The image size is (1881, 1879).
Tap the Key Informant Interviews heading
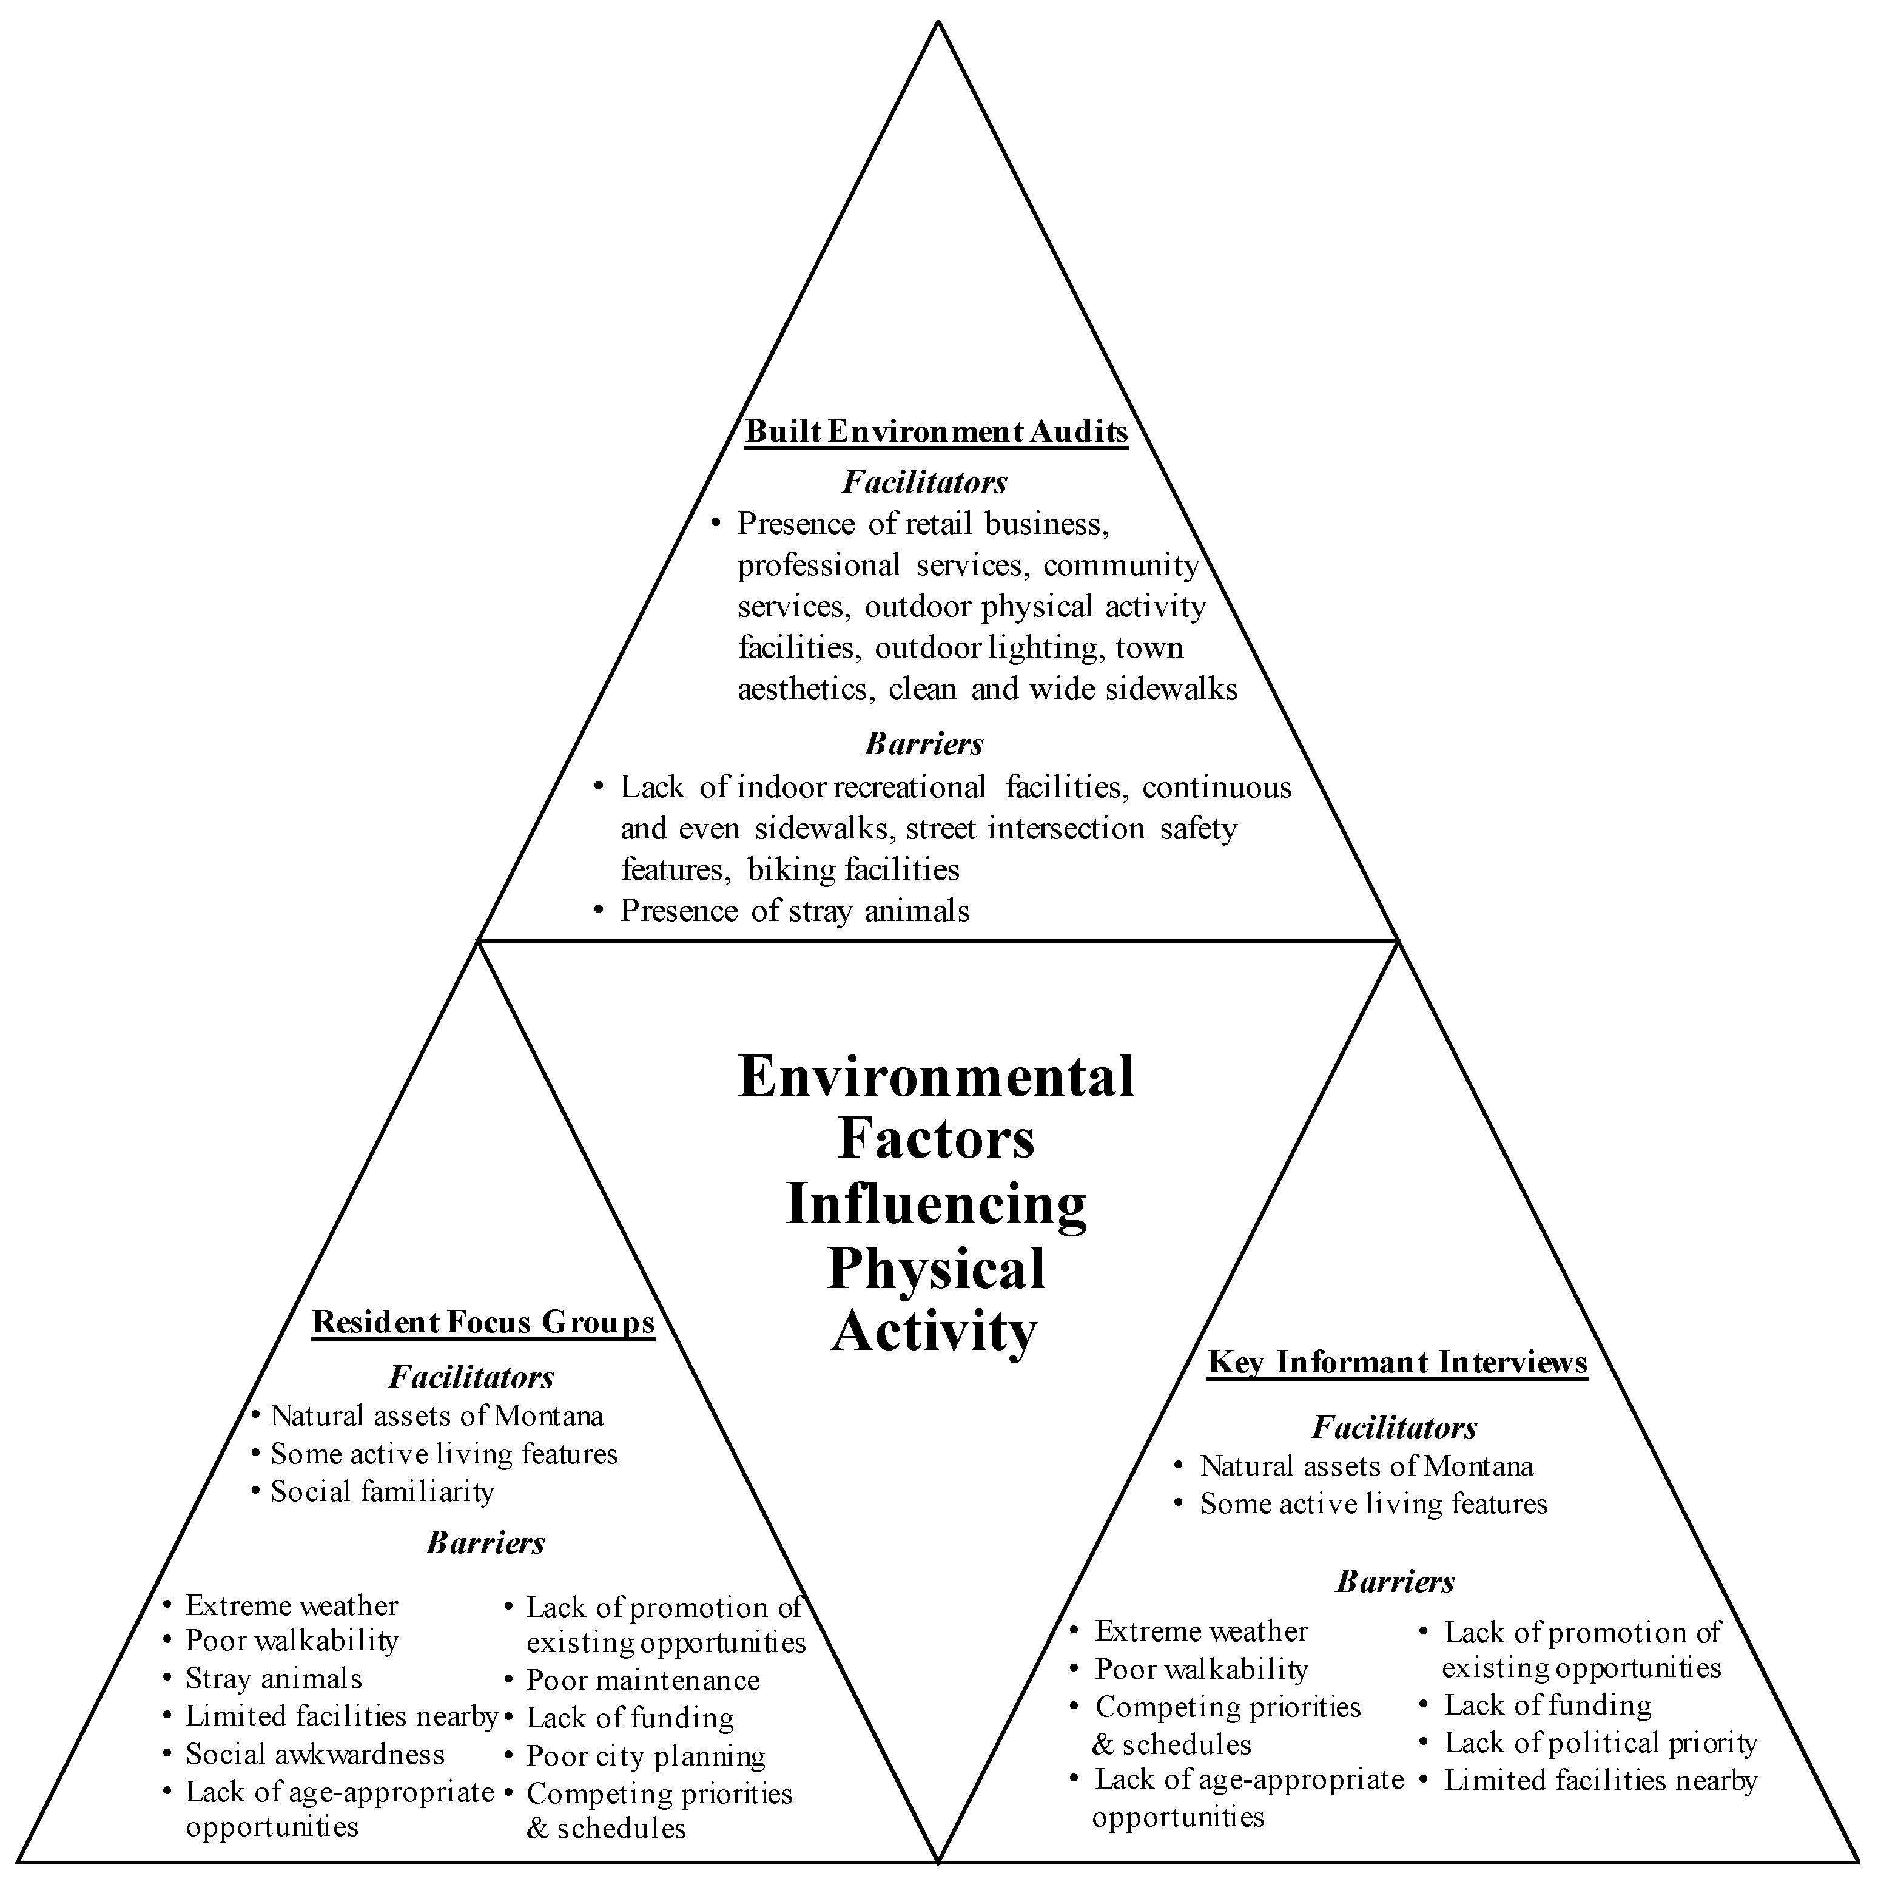[1397, 1362]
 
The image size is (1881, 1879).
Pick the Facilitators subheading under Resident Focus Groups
[471, 1377]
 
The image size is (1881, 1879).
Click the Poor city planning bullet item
[645, 1756]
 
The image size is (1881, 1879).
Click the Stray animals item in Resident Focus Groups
[274, 1678]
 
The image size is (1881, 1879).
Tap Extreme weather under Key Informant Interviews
[1202, 1631]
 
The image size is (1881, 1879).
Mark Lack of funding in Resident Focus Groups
[630, 1718]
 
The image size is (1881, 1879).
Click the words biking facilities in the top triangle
[853, 869]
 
